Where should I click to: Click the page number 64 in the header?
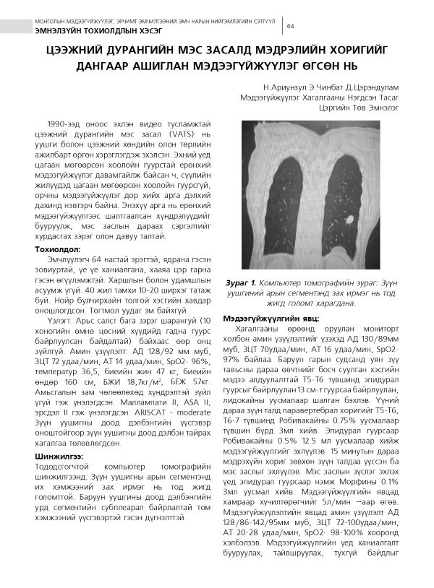pos(291,26)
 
